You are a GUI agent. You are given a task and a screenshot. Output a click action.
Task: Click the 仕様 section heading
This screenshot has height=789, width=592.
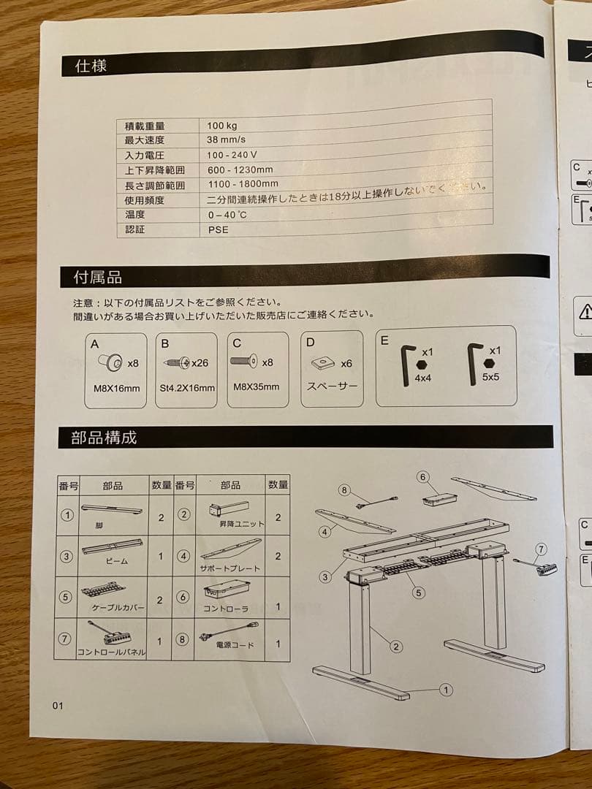click(x=91, y=66)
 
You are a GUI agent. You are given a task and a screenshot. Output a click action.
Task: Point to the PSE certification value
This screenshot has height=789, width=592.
click(x=218, y=229)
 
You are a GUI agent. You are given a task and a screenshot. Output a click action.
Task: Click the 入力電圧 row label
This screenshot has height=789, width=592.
click(x=145, y=156)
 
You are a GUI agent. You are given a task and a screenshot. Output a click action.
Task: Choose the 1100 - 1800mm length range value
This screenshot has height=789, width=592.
click(x=242, y=185)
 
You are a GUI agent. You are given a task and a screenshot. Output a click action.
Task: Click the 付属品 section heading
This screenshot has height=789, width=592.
click(x=97, y=278)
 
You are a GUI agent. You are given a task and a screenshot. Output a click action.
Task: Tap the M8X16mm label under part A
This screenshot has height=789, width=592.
click(x=116, y=388)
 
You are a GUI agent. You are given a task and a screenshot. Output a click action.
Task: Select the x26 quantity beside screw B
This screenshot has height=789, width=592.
click(x=200, y=362)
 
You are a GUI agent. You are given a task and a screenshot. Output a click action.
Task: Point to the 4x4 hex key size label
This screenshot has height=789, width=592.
click(x=422, y=379)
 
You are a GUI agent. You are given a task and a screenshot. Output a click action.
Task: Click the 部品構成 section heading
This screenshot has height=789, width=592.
click(x=104, y=438)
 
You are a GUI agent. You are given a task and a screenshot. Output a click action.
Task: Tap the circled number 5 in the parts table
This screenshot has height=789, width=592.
click(x=66, y=596)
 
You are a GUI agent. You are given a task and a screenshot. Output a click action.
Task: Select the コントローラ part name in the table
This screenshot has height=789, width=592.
click(x=225, y=608)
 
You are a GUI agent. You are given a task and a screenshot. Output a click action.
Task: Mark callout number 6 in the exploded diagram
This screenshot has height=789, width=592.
click(x=422, y=477)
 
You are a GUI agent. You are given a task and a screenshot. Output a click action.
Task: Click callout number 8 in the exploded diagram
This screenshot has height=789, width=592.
click(x=345, y=490)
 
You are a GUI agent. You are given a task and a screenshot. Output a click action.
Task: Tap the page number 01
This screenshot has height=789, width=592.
click(x=58, y=706)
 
